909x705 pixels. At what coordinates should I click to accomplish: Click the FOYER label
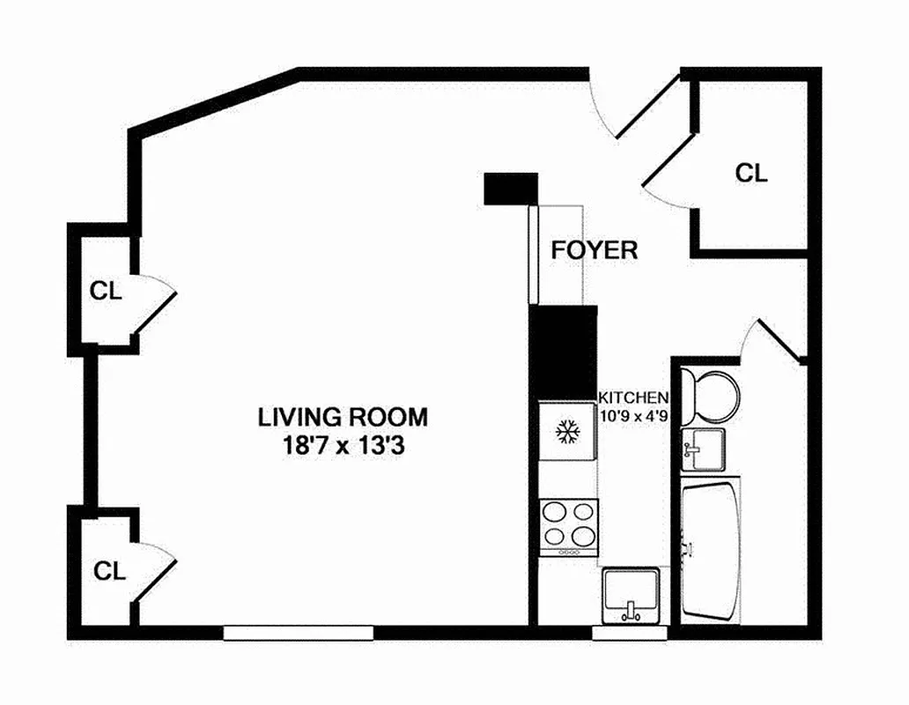[594, 249]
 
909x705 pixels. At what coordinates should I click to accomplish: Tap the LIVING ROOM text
[343, 415]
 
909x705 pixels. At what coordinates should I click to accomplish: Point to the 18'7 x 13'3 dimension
[343, 446]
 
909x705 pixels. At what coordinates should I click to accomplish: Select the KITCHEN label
[633, 397]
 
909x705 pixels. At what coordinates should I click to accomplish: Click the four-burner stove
[568, 525]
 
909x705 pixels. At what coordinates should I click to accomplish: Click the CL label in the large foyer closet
[751, 173]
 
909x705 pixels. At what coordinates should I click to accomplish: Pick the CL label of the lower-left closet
[110, 570]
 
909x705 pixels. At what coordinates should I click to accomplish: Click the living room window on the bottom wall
[298, 632]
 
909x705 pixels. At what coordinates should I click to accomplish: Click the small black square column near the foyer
[511, 188]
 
